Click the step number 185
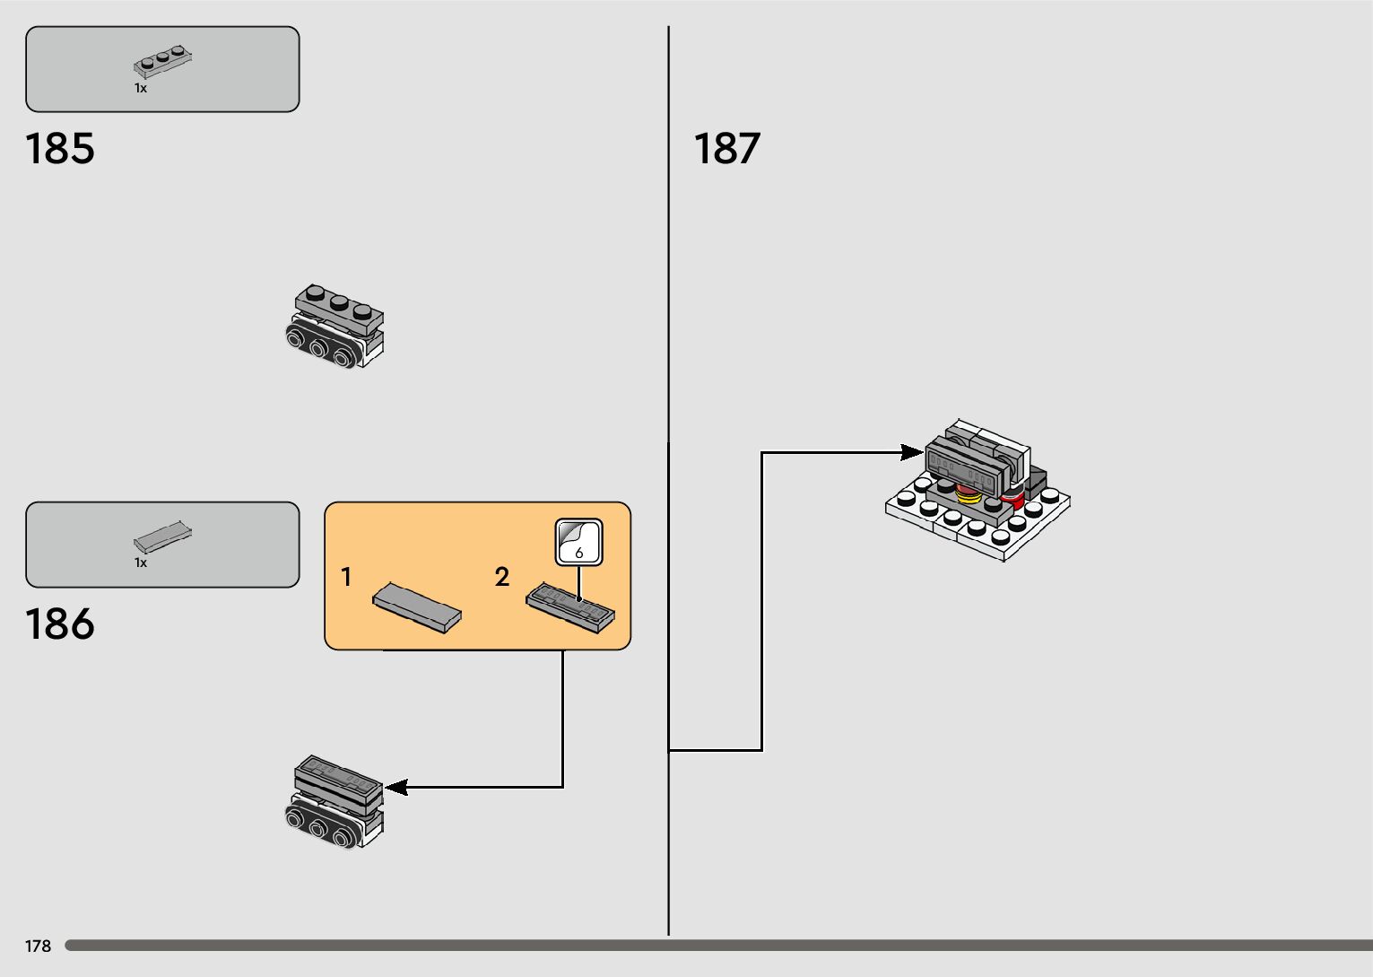click(x=60, y=149)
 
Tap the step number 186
click(x=60, y=624)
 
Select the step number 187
click(x=727, y=149)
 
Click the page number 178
click(x=39, y=946)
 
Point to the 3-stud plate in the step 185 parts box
click(x=163, y=60)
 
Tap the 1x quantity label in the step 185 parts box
click(x=141, y=89)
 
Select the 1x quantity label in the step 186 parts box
click(x=141, y=563)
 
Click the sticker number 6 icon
click(x=578, y=543)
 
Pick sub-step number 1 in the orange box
click(x=346, y=578)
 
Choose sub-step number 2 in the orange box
click(x=502, y=577)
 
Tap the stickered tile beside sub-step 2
click(x=570, y=608)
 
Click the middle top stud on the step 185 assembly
click(x=338, y=303)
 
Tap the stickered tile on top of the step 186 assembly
click(x=337, y=773)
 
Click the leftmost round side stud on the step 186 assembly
click(x=296, y=815)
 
